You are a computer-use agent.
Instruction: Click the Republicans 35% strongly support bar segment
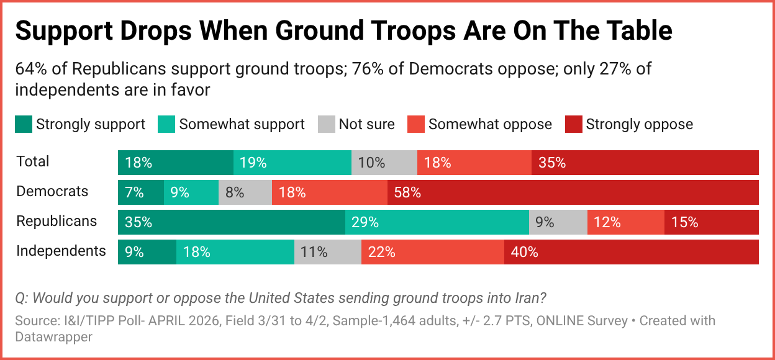point(231,222)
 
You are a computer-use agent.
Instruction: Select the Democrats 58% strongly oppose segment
point(573,192)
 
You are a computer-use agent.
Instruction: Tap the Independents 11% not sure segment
point(327,252)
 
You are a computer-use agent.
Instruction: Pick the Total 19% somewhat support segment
point(292,163)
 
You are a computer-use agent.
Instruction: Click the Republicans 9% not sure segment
point(558,222)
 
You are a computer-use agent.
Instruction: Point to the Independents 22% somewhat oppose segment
point(432,252)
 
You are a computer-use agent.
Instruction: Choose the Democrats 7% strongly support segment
point(140,192)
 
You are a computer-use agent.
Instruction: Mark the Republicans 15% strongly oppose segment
point(711,222)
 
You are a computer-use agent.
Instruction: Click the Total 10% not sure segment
point(384,163)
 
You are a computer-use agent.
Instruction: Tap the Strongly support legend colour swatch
point(24,124)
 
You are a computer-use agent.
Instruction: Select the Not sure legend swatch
point(326,124)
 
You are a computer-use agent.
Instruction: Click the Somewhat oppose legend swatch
point(416,124)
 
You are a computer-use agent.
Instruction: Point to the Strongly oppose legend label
point(639,124)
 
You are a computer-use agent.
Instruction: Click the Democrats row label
point(52,191)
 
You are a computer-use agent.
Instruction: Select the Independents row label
point(61,251)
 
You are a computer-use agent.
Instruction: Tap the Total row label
point(32,161)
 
